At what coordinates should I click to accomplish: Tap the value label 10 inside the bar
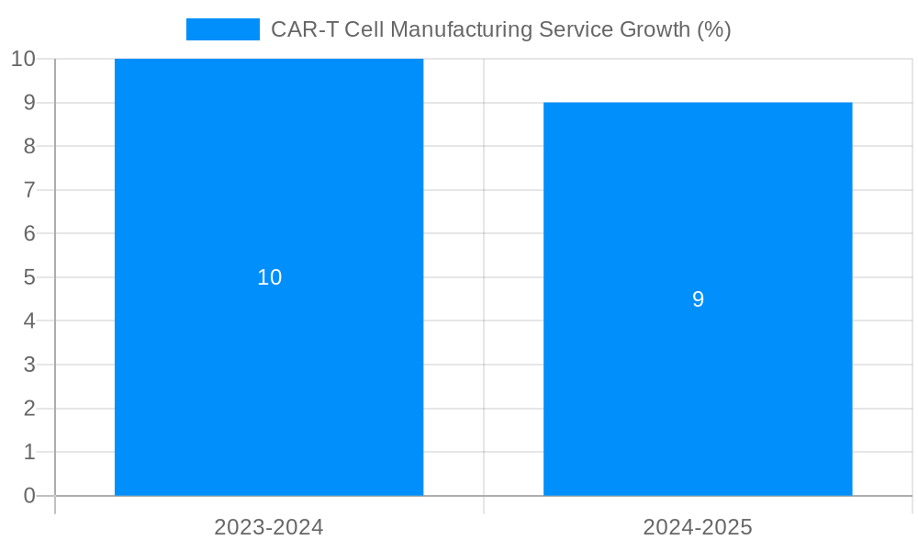269,277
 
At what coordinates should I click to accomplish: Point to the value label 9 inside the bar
698,299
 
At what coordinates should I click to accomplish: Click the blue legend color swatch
222,29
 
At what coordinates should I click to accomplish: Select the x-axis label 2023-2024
269,527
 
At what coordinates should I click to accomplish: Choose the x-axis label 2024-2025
698,527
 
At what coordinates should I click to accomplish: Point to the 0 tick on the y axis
29,496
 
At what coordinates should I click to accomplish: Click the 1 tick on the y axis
29,452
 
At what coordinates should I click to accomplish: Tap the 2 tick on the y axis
29,409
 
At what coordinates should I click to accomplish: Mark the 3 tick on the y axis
29,365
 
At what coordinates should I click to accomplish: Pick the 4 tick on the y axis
29,321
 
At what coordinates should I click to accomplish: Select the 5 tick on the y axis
29,277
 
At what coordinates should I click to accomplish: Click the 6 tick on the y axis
29,233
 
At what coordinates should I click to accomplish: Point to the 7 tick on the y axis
29,190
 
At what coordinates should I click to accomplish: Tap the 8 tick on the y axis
29,146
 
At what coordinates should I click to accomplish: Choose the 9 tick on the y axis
29,103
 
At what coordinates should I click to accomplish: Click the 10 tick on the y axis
23,59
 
